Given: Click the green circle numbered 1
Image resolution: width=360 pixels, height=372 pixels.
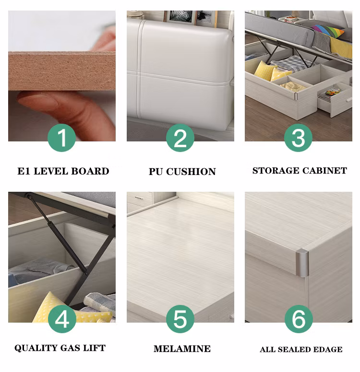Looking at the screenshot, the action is (62, 138).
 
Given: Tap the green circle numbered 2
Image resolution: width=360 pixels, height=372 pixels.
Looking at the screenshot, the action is (180, 138).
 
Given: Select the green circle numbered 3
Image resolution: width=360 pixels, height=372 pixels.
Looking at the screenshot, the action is (298, 138).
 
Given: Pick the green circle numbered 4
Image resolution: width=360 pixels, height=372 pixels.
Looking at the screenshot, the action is (62, 319).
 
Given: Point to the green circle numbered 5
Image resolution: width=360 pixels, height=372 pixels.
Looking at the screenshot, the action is (180, 319).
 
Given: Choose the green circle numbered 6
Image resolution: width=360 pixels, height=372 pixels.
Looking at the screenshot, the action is (299, 319).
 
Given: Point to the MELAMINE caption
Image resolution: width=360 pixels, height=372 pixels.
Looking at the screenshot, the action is (182, 349).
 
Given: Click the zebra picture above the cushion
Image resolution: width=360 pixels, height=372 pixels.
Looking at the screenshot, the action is (180, 16).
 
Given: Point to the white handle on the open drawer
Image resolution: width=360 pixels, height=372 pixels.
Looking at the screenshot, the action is (349, 99).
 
